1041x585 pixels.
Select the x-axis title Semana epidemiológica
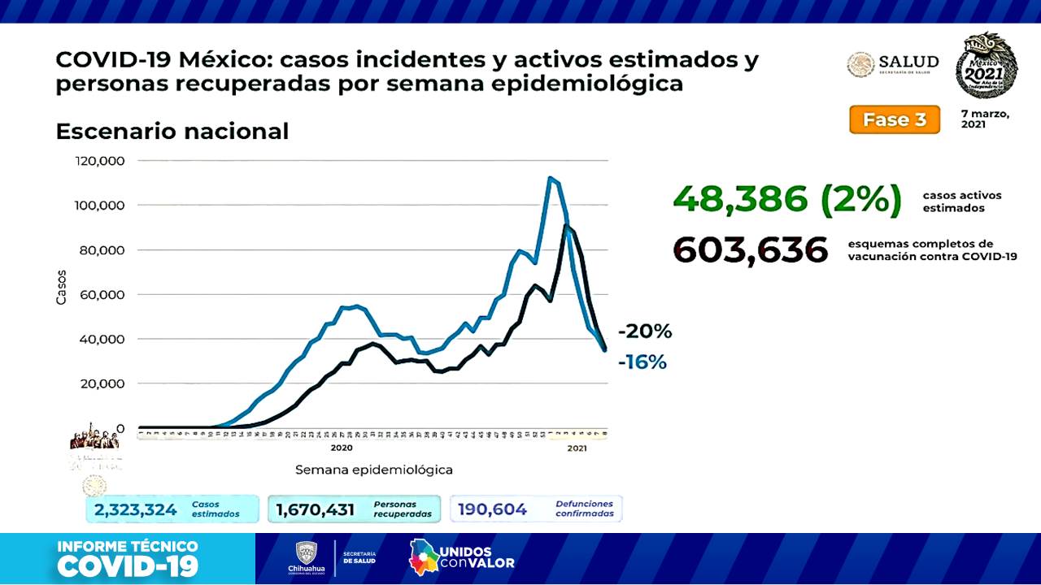373,470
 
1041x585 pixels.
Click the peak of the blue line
551,178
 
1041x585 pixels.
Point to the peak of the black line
566,226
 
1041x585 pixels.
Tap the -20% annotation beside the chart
645,331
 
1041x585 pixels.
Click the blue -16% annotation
642,362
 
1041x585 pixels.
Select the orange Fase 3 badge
894,119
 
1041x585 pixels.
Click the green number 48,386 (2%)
786,200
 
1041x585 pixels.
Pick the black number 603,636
750,250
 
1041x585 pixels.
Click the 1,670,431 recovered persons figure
316,509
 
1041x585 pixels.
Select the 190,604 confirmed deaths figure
492,509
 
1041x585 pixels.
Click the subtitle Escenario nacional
172,131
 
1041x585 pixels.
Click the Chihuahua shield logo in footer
306,555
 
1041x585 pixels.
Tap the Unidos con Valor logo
461,557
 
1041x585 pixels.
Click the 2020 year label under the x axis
342,448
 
